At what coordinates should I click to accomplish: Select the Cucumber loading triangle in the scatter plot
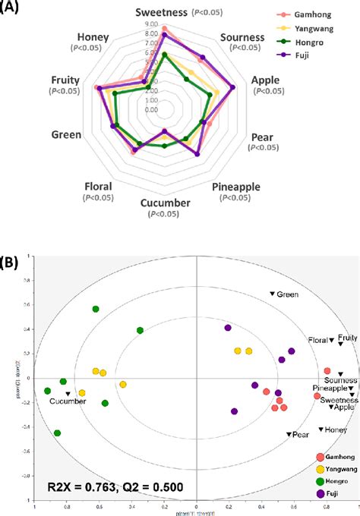(68, 393)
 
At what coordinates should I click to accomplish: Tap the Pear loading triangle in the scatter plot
(289, 434)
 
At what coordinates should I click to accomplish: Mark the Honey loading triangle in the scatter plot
(321, 429)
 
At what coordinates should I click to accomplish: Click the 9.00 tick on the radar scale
(150, 25)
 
